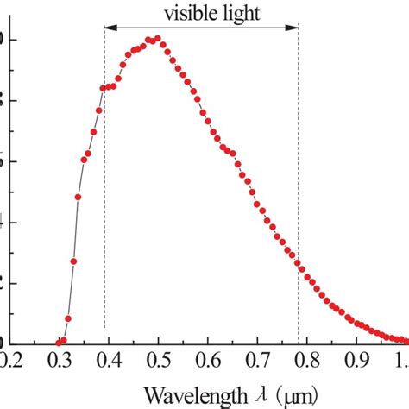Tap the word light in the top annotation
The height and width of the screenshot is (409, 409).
point(236,13)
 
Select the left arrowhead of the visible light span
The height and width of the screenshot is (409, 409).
point(109,28)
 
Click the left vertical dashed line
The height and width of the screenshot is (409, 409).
point(104,216)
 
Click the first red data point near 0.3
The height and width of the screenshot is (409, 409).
point(60,342)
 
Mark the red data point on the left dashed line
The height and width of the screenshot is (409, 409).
point(104,88)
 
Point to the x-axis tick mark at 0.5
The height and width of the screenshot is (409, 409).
point(157,343)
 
